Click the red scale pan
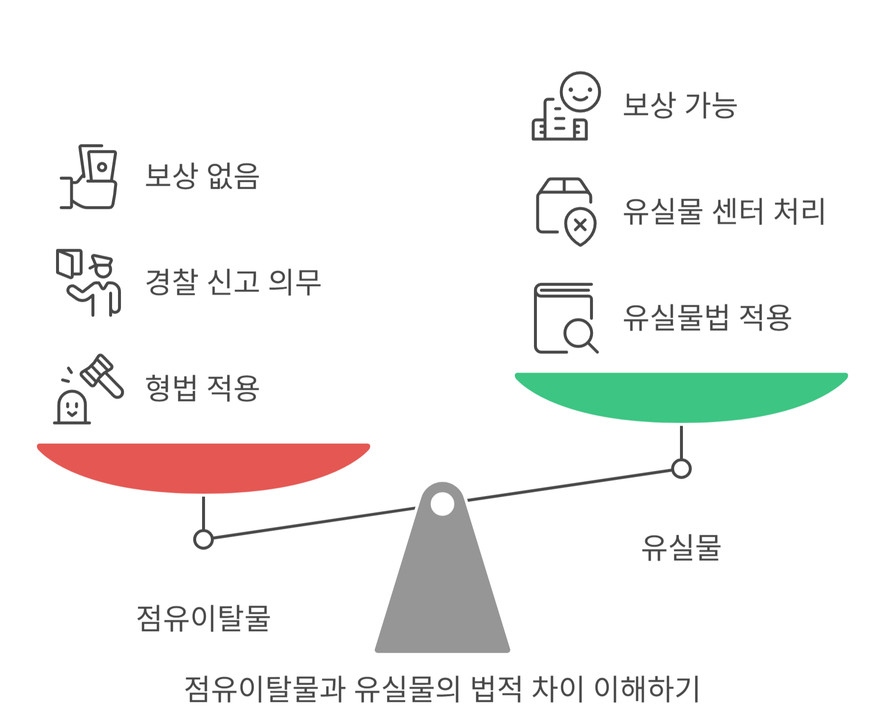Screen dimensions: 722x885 pos(203,467)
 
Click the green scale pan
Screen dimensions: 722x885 pos(681,396)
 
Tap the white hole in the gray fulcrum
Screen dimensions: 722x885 pos(442,504)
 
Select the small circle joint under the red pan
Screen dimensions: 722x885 pos(203,539)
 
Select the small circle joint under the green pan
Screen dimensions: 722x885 pos(681,468)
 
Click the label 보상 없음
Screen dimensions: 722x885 pos(202,175)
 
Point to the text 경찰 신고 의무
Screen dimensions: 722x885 pos(233,282)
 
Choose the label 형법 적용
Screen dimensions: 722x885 pos(202,388)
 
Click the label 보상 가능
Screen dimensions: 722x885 pos(680,105)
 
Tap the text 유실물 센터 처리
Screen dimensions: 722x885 pos(724,211)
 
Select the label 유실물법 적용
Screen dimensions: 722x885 pos(707,317)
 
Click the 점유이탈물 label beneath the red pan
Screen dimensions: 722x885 pos(203,618)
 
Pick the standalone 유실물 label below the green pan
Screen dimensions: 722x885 pos(681,547)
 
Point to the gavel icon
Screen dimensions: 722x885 pos(102,376)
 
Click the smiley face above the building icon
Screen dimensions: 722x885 pos(580,92)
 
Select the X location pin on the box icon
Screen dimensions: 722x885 pos(580,227)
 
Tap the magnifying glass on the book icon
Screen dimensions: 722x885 pos(579,334)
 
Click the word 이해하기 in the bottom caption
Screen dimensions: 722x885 pos(647,689)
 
